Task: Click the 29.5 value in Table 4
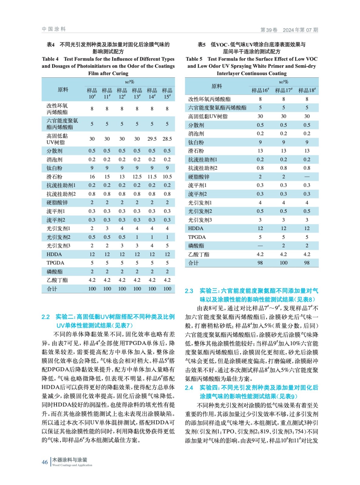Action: pos(152,139)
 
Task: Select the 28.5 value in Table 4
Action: pos(167,139)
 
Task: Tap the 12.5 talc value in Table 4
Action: pos(137,177)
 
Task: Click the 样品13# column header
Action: pos(137,93)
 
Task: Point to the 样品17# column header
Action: pos(284,90)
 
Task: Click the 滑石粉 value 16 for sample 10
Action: pos(92,177)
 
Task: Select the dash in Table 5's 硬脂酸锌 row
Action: pos(307,177)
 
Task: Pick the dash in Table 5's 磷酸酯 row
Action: pos(260,246)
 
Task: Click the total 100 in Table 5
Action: pos(284,263)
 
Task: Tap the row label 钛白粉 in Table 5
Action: pos(196,142)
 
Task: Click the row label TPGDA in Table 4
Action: pos(55,263)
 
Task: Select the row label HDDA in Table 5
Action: pos(196,229)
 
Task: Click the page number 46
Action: pos(45,462)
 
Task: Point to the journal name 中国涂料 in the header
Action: pos(54,29)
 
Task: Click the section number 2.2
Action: pos(45,317)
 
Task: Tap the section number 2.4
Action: pos(189,388)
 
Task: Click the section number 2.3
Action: pos(189,291)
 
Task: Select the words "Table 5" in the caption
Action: pos(194,59)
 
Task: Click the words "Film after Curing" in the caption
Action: pos(108,73)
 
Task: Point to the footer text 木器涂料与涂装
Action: pos(70,460)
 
